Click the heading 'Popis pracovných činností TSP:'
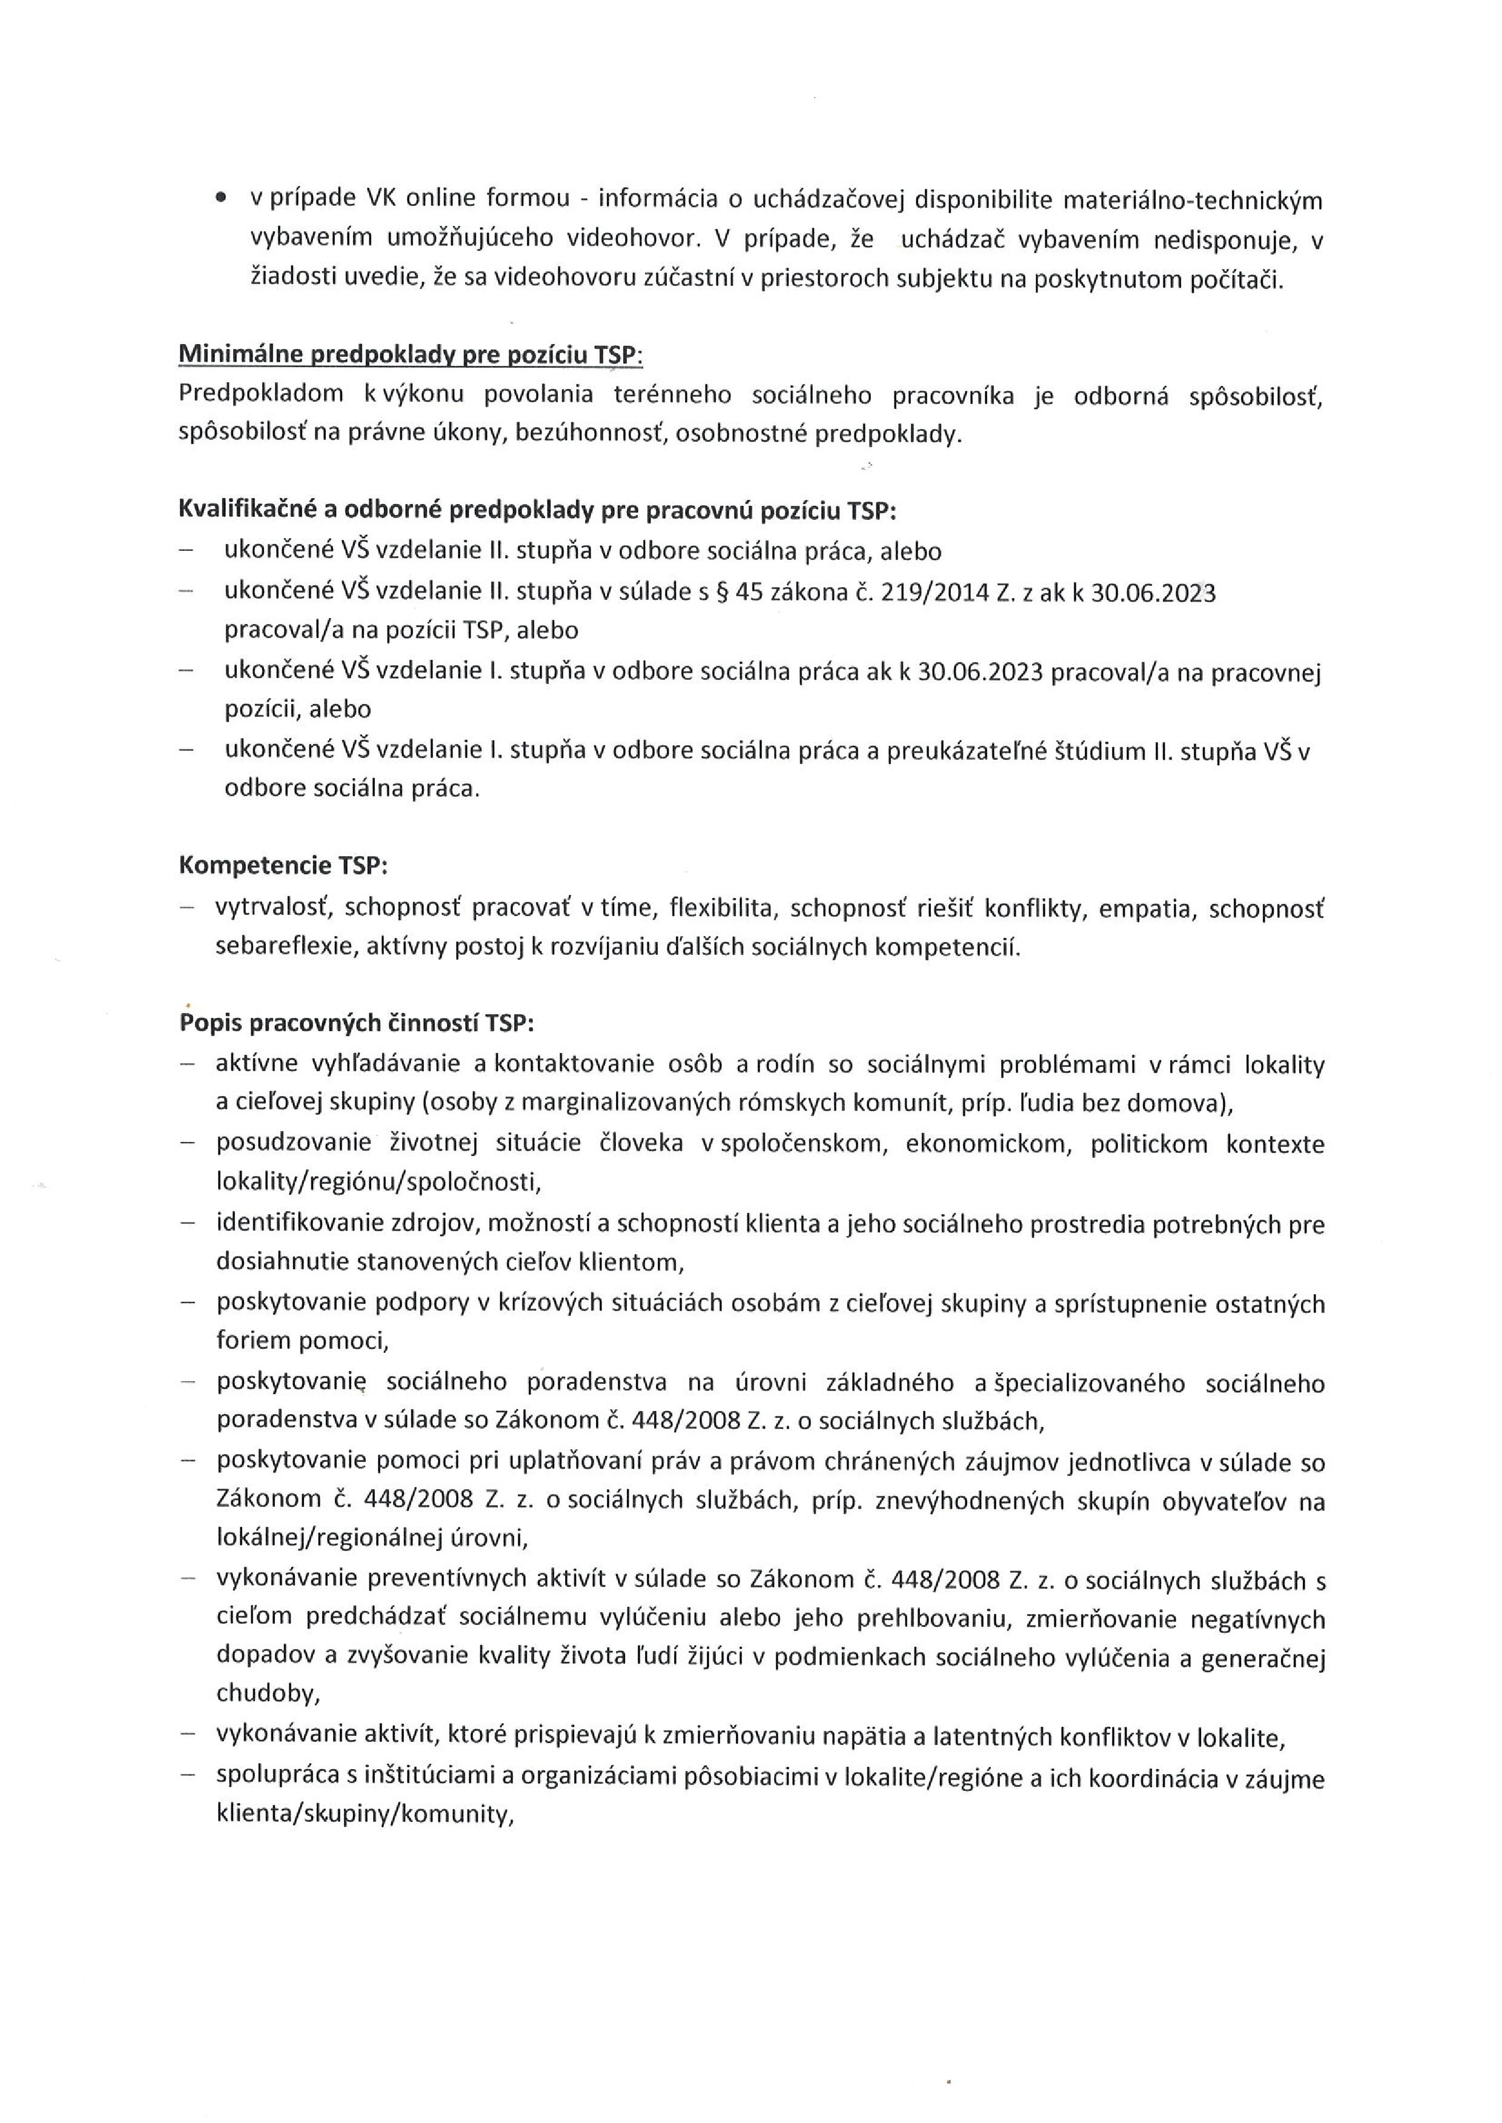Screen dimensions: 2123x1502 [356, 1023]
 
